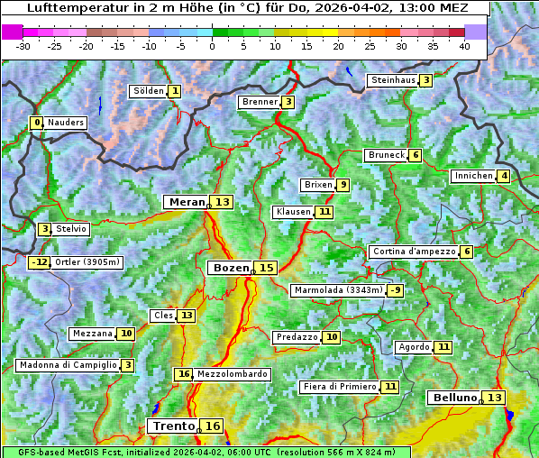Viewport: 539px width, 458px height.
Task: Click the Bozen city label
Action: (x=230, y=268)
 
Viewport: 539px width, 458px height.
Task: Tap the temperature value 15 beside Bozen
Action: (x=266, y=268)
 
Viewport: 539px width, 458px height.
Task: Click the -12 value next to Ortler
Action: (x=39, y=262)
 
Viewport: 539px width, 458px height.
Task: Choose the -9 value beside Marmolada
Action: (x=395, y=290)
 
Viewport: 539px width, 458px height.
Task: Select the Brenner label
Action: (x=260, y=102)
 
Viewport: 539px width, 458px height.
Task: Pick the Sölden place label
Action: (x=149, y=91)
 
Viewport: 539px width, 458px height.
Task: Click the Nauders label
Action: (x=66, y=123)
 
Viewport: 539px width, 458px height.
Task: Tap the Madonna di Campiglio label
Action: (x=68, y=365)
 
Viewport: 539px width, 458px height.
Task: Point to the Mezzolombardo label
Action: (x=232, y=374)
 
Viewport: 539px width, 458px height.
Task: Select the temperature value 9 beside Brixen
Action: (x=343, y=185)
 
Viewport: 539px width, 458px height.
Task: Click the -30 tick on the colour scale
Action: (x=23, y=46)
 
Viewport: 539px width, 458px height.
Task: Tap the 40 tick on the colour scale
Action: (x=464, y=46)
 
